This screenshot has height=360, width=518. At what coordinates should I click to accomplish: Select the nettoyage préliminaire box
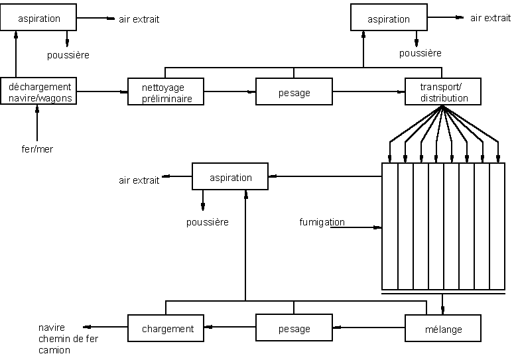click(x=166, y=92)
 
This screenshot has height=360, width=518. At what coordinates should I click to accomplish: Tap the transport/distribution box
click(x=444, y=92)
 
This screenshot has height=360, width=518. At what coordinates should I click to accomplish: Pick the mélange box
click(x=444, y=329)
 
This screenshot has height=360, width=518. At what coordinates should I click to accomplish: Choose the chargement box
click(x=167, y=329)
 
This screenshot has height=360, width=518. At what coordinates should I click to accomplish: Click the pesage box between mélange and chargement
click(x=294, y=329)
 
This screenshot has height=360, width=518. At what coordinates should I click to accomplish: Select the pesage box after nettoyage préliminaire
click(x=294, y=93)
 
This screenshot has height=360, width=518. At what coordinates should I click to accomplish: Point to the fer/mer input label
click(x=37, y=149)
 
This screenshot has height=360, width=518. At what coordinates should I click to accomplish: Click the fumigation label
click(x=322, y=222)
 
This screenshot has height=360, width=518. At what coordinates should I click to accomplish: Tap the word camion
click(x=54, y=350)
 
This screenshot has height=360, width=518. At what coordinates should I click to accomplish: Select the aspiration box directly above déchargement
click(x=38, y=19)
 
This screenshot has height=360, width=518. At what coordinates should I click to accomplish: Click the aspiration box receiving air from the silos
click(x=230, y=178)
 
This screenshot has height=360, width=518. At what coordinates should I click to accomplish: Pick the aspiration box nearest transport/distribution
click(x=388, y=19)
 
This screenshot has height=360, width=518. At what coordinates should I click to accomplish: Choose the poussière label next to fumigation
click(x=207, y=222)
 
